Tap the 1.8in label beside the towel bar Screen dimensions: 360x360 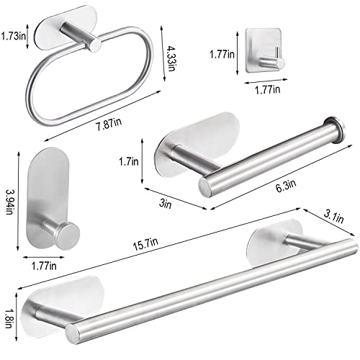click(x=9, y=315)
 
